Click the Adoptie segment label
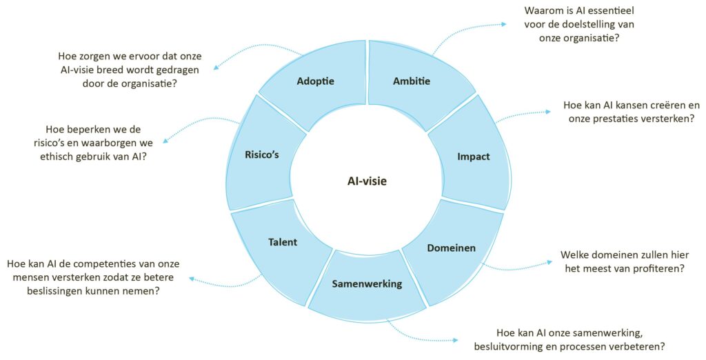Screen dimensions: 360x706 coord(315,81)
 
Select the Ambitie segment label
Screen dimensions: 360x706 coord(412,81)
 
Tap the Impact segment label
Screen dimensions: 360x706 coord(473,157)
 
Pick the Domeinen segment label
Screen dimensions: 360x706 coord(451,248)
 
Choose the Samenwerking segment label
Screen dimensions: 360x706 coord(367,283)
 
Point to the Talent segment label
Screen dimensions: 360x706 coord(282,242)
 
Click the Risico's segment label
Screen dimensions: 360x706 coord(261,154)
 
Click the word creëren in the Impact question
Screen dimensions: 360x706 coord(652,106)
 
